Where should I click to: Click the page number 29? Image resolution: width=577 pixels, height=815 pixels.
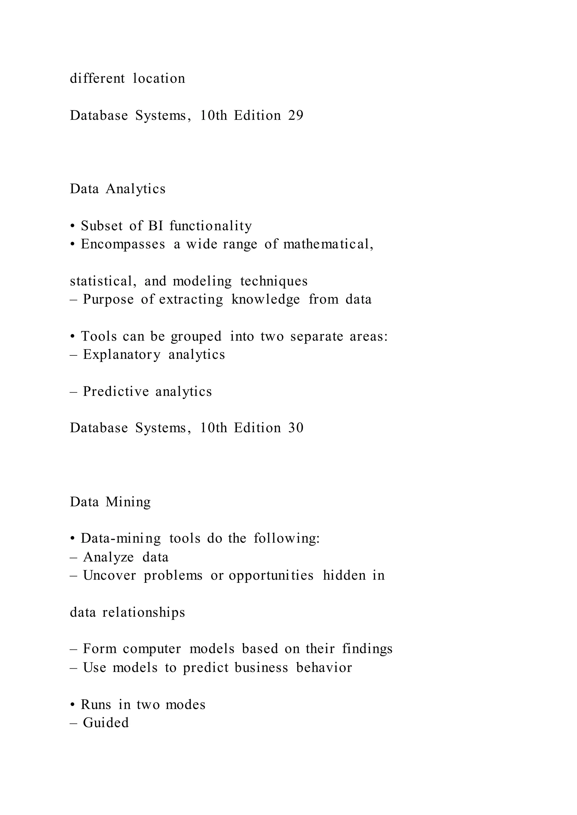pyautogui.click(x=296, y=116)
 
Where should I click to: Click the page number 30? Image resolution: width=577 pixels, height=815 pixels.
pyautogui.click(x=296, y=428)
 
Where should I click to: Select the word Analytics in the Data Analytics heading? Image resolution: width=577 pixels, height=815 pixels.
pyautogui.click(x=136, y=189)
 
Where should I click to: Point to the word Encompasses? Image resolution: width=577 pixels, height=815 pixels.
pyautogui.click(x=123, y=244)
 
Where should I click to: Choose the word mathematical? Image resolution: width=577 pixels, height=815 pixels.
pyautogui.click(x=328, y=244)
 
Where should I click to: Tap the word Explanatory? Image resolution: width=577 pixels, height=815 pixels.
pyautogui.click(x=121, y=355)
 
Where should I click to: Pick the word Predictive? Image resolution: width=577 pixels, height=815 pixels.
pyautogui.click(x=116, y=391)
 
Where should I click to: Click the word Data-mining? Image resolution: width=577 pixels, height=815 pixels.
pyautogui.click(x=121, y=538)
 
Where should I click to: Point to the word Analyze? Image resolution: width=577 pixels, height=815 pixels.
pyautogui.click(x=108, y=557)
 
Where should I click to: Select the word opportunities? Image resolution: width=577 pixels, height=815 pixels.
pyautogui.click(x=271, y=576)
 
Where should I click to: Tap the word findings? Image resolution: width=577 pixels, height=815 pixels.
pyautogui.click(x=367, y=649)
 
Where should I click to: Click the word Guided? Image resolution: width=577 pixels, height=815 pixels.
pyautogui.click(x=106, y=723)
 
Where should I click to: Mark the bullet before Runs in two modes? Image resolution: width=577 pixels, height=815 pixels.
pyautogui.click(x=72, y=705)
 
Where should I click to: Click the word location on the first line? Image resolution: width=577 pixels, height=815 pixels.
pyautogui.click(x=159, y=79)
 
